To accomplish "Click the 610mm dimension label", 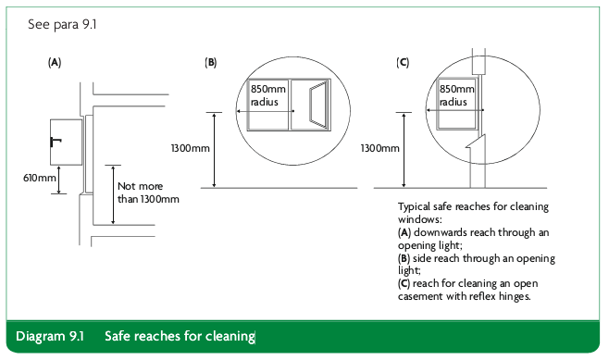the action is (x=40, y=178).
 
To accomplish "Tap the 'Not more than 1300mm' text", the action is (x=148, y=192).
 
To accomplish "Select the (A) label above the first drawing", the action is (x=55, y=63).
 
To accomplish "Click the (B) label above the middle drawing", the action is (x=210, y=63).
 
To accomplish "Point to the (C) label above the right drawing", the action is (x=403, y=63).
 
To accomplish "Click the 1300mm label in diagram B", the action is (x=191, y=148).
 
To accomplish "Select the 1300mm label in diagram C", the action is (x=379, y=148).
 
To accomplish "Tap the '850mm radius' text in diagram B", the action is (x=268, y=95).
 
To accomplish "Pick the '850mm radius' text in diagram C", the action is (x=457, y=95).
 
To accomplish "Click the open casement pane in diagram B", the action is (x=318, y=105).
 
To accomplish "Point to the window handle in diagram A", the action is (x=56, y=142).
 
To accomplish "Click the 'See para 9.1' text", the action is (x=62, y=24).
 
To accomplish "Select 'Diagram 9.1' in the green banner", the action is (x=50, y=336).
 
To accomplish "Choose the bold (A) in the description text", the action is (x=404, y=232).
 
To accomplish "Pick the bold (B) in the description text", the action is (x=404, y=258).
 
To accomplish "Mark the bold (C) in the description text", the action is (x=404, y=283).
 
